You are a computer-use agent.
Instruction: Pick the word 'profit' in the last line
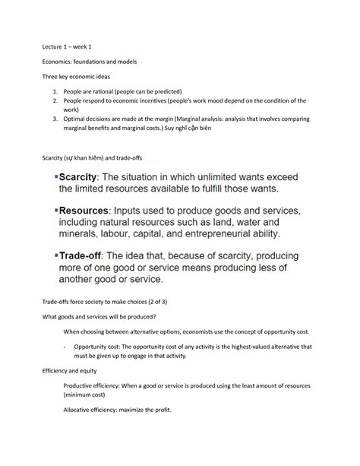[x=163, y=411]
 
